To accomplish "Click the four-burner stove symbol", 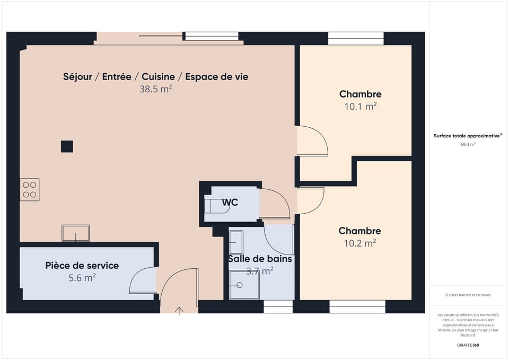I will [x=30, y=190].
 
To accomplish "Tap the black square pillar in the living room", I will [x=67, y=146].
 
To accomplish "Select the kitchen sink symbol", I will [x=75, y=233].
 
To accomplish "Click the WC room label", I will [x=230, y=203].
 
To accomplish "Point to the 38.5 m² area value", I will [x=155, y=89].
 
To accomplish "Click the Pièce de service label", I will [x=82, y=265].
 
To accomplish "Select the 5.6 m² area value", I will [x=82, y=277].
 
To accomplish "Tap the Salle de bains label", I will [x=260, y=259].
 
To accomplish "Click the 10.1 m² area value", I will [x=361, y=106].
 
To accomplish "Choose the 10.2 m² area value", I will [x=360, y=243].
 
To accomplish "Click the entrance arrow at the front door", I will [x=179, y=310].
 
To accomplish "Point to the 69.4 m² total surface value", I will [x=468, y=144].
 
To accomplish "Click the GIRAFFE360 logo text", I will [x=468, y=345].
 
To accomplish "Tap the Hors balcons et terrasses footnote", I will [x=468, y=295].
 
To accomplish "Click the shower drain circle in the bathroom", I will [x=240, y=285].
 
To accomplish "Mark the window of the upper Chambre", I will [x=356, y=38].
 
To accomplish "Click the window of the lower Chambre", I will [x=357, y=306].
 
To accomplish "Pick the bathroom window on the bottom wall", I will [x=278, y=306].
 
